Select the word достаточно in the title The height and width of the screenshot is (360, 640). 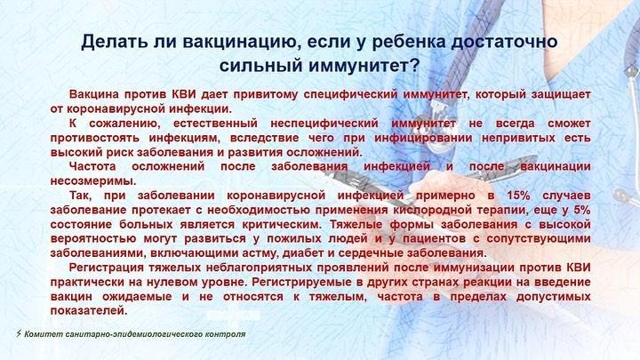[x=504, y=43]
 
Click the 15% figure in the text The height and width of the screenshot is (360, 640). [x=518, y=196]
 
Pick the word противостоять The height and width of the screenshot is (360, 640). [x=95, y=138]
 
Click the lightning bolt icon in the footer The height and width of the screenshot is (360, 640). [x=19, y=334]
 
